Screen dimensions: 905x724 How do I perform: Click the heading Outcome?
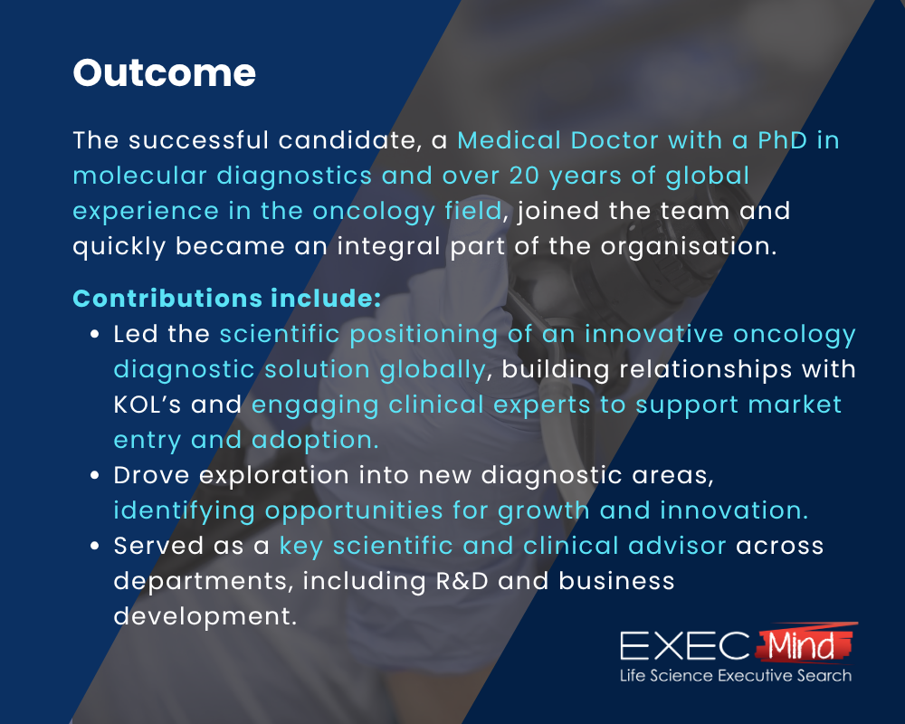(x=165, y=73)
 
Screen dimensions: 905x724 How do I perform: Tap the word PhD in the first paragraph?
(x=782, y=140)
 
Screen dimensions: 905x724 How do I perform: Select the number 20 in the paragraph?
(x=524, y=176)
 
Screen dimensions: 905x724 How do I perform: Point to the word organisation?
(x=689, y=247)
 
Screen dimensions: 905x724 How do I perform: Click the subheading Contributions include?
(x=227, y=299)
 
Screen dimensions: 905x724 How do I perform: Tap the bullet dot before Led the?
(x=95, y=334)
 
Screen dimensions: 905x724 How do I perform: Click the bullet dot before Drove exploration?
(x=95, y=476)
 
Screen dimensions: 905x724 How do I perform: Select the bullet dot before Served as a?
(x=95, y=547)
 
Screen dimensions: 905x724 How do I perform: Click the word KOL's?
(x=148, y=405)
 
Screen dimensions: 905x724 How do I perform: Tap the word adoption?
(x=315, y=441)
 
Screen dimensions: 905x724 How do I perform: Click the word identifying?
(x=184, y=511)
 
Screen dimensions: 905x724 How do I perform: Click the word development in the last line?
(x=205, y=617)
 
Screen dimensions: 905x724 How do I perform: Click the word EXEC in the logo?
(x=684, y=645)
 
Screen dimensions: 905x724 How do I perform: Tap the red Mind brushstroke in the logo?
(x=805, y=643)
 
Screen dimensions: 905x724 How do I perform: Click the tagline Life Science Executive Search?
(x=735, y=675)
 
